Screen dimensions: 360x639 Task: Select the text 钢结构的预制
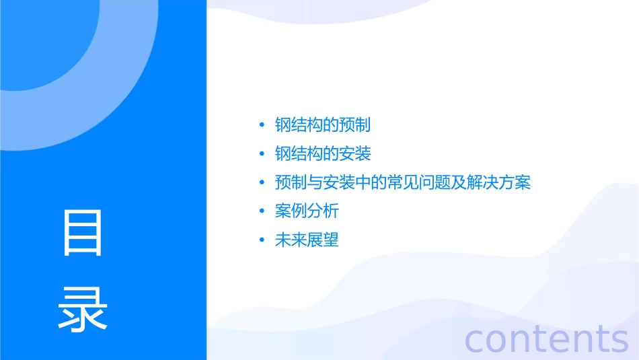(323, 125)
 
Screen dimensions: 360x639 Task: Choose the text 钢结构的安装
(323, 153)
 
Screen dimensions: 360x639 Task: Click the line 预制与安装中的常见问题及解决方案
(403, 182)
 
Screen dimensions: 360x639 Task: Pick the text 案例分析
(307, 211)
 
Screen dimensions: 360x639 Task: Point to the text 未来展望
(307, 240)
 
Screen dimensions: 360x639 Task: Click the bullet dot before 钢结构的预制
(262, 126)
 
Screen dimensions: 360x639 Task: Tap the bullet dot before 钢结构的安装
(262, 154)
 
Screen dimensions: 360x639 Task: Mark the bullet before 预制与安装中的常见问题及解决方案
(262, 183)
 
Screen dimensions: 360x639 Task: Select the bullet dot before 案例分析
(262, 211)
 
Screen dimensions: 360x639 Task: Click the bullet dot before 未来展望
(262, 240)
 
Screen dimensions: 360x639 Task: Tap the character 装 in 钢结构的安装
(363, 153)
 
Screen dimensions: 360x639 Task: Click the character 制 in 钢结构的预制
(363, 125)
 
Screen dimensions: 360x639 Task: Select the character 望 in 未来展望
(331, 240)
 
